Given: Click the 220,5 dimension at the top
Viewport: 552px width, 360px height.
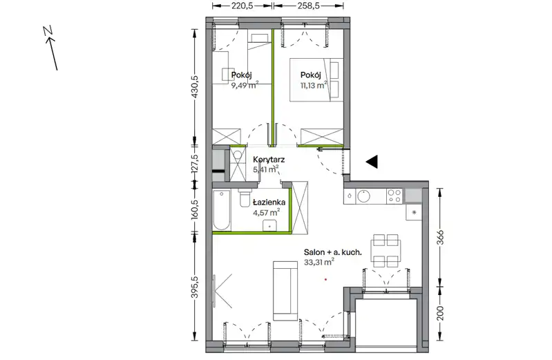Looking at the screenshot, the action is (242, 6).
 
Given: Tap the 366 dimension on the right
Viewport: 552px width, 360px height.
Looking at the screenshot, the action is (440, 238).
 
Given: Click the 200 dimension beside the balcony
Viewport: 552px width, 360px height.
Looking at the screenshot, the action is (440, 313).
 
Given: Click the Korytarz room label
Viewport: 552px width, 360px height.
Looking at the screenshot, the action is (269, 160).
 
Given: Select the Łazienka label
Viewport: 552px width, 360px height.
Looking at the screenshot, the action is (269, 202).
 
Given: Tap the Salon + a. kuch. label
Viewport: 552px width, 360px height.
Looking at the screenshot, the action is (333, 252).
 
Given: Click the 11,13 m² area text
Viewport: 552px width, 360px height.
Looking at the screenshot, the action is (314, 85).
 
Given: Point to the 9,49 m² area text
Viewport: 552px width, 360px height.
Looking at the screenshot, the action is (245, 85).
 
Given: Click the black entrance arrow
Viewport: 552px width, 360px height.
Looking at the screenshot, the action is (372, 162).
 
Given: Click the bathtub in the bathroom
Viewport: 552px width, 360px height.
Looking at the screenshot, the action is (222, 210).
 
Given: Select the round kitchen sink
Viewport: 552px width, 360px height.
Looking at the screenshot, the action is (363, 196).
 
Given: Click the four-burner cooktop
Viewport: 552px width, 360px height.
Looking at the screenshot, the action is (394, 196).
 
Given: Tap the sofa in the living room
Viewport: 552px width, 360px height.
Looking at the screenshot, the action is (285, 291).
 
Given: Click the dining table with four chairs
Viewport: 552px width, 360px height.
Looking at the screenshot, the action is (385, 251).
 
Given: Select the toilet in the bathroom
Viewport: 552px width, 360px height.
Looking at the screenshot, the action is (244, 199).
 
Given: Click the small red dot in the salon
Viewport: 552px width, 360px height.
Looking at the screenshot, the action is (326, 279).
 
